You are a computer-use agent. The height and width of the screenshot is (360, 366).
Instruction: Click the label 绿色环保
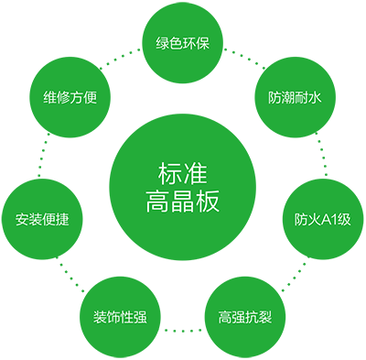point(183,43)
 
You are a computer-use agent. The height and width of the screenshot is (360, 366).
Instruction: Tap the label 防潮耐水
point(295,97)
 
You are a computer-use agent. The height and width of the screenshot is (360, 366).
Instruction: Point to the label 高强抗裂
point(244,318)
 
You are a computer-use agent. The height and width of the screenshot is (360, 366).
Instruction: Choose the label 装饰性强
point(120,318)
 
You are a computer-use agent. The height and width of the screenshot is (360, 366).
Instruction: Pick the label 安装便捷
point(42,220)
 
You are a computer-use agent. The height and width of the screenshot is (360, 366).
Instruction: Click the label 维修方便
point(70,97)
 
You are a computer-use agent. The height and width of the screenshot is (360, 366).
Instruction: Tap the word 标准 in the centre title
point(183,173)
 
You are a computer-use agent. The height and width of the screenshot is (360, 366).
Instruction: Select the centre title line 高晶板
point(183,202)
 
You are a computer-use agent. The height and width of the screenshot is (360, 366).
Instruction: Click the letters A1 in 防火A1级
point(330,220)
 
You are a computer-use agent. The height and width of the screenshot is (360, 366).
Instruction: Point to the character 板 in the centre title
point(208,202)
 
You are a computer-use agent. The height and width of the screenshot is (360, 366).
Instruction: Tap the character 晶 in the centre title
point(183,202)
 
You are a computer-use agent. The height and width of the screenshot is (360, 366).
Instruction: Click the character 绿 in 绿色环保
point(163,43)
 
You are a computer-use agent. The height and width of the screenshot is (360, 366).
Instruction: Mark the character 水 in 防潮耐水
point(315,97)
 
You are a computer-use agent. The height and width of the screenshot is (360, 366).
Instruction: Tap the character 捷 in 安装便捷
point(62,220)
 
